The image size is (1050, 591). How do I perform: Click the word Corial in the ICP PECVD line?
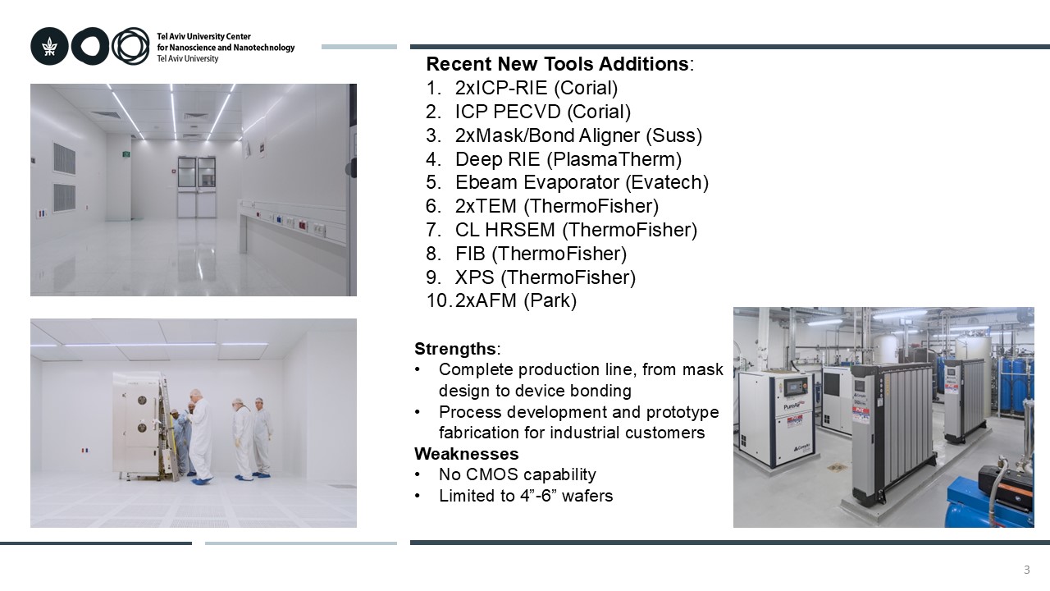tap(599, 112)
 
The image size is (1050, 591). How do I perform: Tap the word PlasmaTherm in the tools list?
tap(614, 159)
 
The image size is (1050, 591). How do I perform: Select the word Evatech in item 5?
tap(667, 182)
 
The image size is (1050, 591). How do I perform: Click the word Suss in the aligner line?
tap(673, 135)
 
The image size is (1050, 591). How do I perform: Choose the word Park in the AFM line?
tap(550, 300)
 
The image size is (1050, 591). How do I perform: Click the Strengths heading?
tap(455, 349)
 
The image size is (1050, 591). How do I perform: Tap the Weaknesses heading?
tap(467, 454)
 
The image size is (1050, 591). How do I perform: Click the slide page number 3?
tap(1026, 570)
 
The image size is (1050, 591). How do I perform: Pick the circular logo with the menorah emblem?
tap(49, 47)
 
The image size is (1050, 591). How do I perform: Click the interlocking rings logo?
tap(130, 46)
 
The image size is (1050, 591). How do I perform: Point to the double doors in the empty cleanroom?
tap(196, 187)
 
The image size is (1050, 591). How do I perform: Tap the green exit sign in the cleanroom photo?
tap(126, 153)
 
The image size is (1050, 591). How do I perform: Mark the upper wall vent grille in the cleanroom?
tap(64, 158)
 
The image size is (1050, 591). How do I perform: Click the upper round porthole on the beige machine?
tap(142, 400)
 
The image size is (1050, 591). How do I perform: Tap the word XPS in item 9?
tap(474, 277)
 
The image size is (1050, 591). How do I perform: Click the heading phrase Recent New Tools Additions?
tap(557, 64)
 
